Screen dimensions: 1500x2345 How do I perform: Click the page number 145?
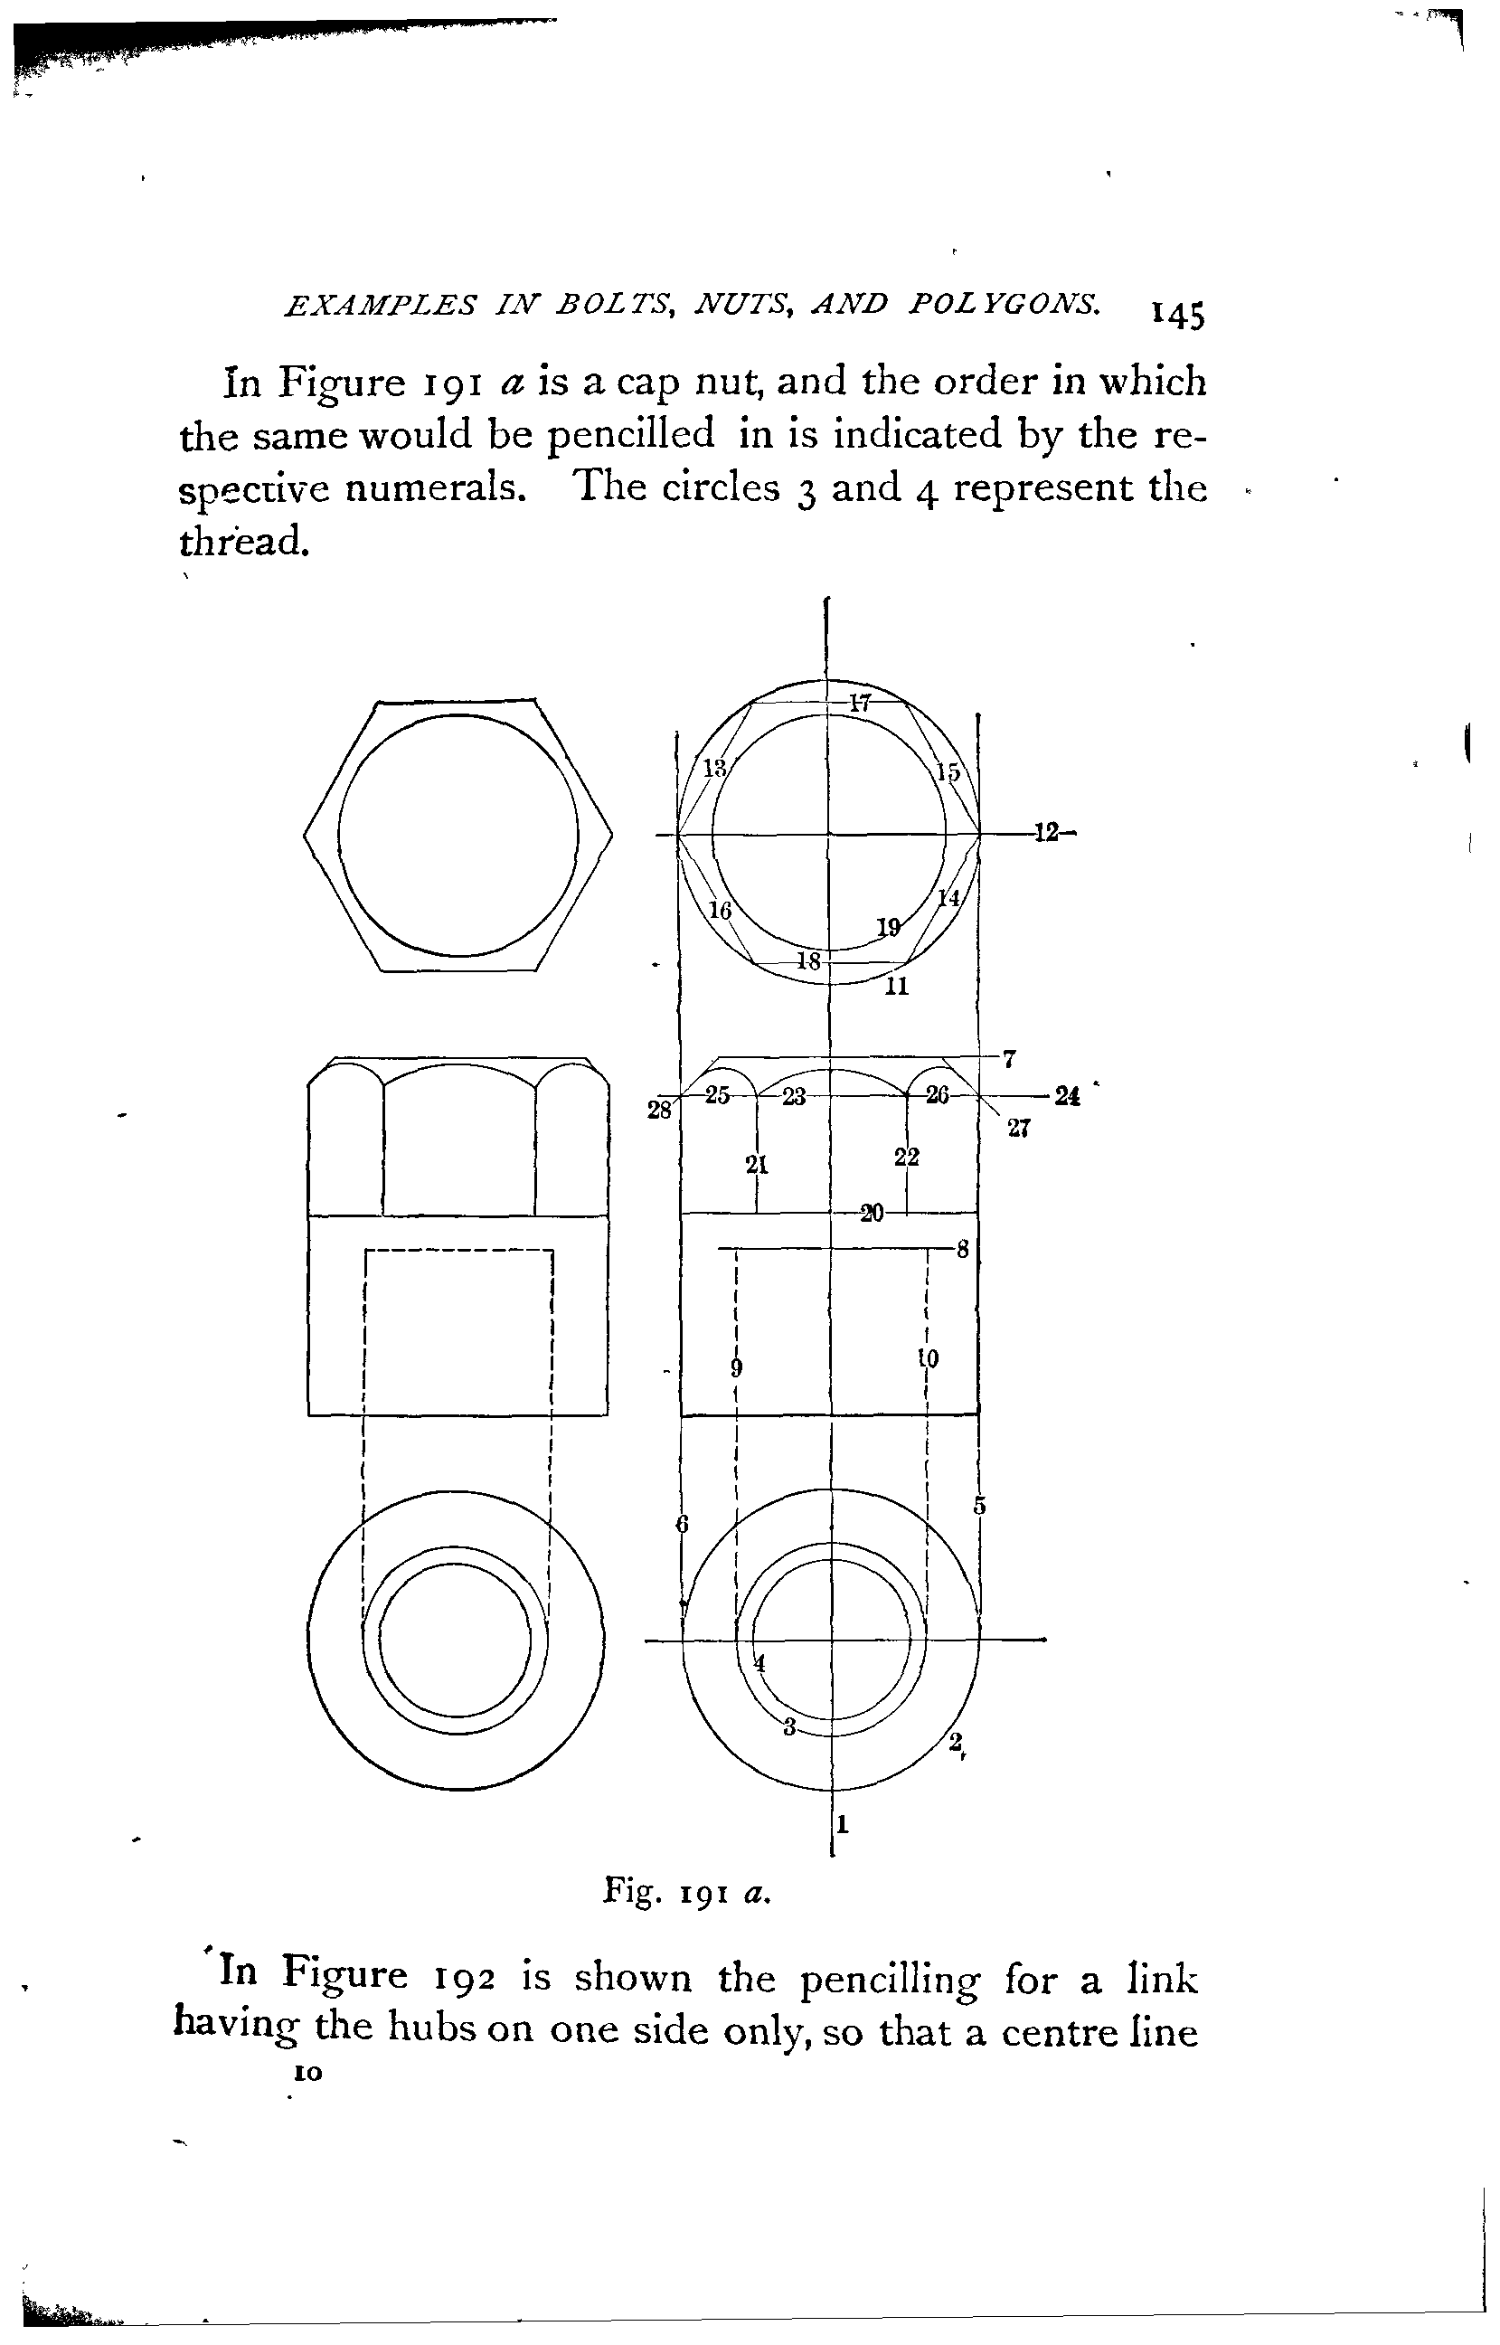[1177, 316]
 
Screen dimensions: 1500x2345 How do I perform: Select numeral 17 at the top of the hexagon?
[859, 703]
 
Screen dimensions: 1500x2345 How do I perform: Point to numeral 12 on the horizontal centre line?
[1046, 834]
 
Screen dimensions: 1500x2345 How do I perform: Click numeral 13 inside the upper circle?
[716, 768]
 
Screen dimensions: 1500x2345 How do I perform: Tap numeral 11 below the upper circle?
[897, 986]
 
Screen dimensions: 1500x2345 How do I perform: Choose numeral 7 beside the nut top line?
[1010, 1059]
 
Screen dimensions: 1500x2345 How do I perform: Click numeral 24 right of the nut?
[1068, 1096]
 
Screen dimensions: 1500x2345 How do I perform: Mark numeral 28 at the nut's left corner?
[659, 1110]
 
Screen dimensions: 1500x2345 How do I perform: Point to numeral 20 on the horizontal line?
[872, 1214]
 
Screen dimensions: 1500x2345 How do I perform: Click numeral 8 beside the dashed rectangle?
[962, 1250]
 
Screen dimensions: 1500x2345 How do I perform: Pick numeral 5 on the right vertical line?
[980, 1506]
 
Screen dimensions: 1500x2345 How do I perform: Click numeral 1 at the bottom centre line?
[843, 1825]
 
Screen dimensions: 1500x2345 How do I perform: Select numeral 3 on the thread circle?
[790, 1727]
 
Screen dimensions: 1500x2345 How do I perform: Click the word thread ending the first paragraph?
[243, 541]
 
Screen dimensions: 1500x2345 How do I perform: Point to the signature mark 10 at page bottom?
[307, 2075]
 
